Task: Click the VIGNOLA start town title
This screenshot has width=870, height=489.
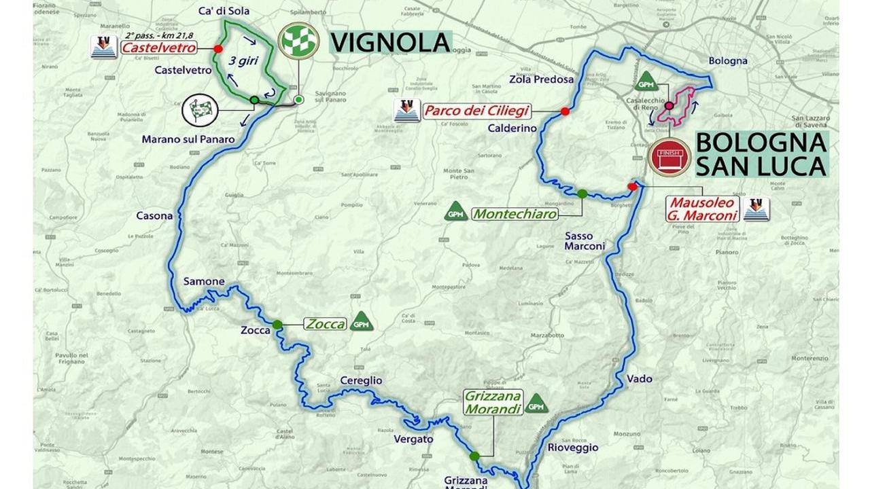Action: [391, 42]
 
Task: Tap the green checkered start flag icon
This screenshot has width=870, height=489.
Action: [298, 41]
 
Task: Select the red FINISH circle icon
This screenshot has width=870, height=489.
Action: [669, 157]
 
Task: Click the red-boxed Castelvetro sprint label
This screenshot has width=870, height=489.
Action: [158, 48]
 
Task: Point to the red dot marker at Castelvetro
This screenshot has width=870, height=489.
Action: [217, 49]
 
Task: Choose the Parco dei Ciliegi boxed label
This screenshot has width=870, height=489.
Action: [476, 111]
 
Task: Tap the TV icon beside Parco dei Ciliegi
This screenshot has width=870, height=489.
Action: [406, 111]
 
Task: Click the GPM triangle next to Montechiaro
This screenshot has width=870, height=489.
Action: [455, 211]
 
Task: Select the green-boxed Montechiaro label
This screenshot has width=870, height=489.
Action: [514, 214]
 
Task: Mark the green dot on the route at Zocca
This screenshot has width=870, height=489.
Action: [277, 324]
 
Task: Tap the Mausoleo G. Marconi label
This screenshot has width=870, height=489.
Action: [702, 209]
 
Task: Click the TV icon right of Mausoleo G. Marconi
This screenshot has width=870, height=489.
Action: [756, 209]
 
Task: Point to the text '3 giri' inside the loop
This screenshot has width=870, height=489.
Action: [242, 61]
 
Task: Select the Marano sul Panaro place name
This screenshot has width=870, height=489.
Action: [188, 139]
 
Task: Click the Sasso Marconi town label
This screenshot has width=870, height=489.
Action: [584, 241]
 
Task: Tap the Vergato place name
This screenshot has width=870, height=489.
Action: [413, 439]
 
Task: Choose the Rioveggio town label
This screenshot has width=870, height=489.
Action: [572, 448]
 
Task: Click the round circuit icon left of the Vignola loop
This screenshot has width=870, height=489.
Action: [201, 110]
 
